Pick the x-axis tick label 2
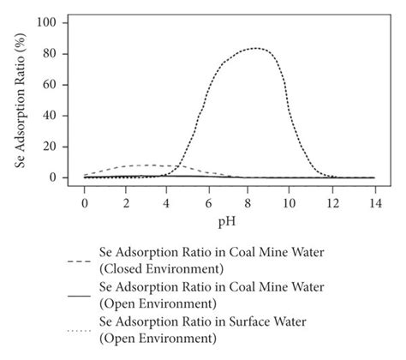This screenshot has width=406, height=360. click(125, 200)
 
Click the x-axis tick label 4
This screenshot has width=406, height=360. click(167, 200)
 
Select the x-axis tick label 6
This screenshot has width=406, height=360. click(208, 200)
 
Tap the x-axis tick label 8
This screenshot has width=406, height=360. click(250, 200)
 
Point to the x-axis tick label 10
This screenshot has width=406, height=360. click(291, 200)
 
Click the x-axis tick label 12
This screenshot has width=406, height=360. click(333, 200)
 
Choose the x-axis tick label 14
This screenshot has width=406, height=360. click(374, 200)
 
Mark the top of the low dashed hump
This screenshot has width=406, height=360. click(147, 165)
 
